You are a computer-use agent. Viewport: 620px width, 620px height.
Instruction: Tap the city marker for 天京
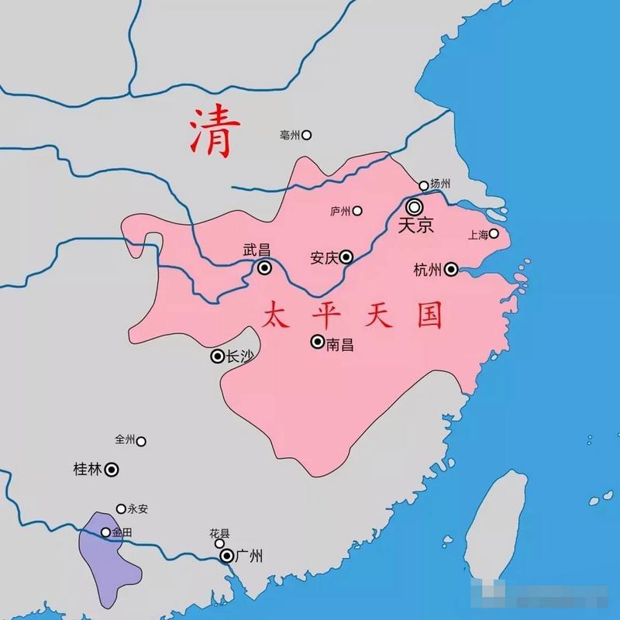click(x=415, y=207)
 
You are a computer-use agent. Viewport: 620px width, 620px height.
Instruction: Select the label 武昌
click(x=257, y=250)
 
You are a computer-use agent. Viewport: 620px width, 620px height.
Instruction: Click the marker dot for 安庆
click(x=346, y=257)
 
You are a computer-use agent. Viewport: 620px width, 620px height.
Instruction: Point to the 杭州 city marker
click(x=451, y=270)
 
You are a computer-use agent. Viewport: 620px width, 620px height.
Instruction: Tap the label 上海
click(x=477, y=233)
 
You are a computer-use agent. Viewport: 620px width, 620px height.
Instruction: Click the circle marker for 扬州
click(x=423, y=185)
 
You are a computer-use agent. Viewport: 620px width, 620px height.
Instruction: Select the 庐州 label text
click(x=341, y=211)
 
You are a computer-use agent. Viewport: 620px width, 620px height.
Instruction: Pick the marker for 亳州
click(x=306, y=135)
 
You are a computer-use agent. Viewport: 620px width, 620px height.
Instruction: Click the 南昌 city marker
click(x=317, y=341)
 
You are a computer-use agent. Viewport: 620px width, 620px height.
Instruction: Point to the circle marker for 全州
click(x=141, y=441)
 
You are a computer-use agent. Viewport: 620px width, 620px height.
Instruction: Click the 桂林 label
click(x=87, y=469)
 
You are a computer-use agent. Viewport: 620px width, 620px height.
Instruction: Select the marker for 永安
click(x=121, y=509)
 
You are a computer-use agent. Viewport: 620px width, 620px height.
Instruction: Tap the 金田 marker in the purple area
click(x=106, y=532)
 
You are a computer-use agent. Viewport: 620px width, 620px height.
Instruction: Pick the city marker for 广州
click(x=226, y=556)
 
